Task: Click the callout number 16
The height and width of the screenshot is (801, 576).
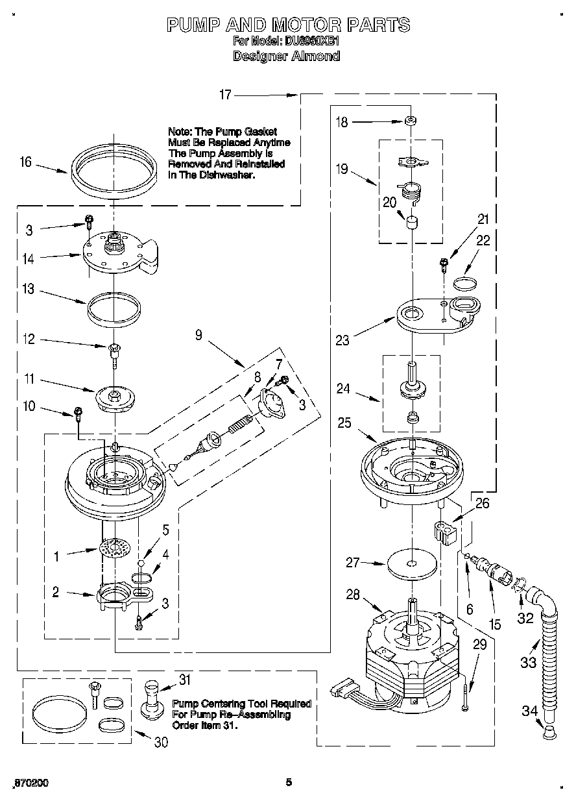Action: tap(25, 162)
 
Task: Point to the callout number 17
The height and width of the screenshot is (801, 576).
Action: tap(225, 95)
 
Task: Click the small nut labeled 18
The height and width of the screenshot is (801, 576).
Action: tap(410, 121)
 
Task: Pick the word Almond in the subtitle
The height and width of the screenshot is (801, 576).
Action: tap(316, 56)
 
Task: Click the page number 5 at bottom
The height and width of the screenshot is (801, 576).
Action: tap(289, 782)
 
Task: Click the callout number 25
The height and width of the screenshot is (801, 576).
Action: tap(345, 423)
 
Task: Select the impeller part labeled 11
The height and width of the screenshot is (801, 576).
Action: tap(114, 397)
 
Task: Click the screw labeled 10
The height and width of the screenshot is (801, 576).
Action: tap(78, 412)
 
